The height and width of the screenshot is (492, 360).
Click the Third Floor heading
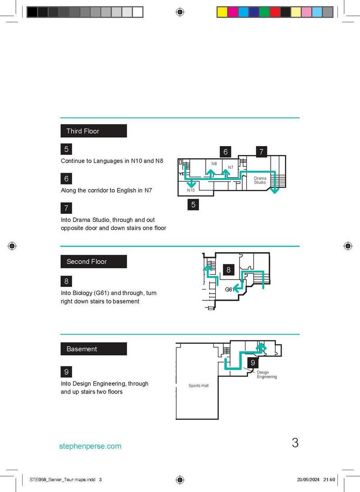tap(83, 131)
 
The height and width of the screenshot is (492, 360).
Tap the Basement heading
tap(82, 349)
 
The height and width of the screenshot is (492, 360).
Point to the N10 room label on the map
tap(191, 191)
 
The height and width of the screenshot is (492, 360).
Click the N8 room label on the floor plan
tap(214, 163)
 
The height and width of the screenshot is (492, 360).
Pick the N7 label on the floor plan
tap(230, 167)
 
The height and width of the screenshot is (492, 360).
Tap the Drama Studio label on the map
tap(260, 180)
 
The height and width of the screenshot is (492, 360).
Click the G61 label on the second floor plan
tap(230, 290)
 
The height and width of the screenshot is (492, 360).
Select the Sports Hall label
tap(198, 386)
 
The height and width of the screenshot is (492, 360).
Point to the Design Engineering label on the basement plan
tap(267, 375)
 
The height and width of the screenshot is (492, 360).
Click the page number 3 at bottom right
tap(295, 443)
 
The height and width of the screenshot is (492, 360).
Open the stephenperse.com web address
tap(90, 446)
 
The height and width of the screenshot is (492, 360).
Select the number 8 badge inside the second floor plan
tap(229, 270)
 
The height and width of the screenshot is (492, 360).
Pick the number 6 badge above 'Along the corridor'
tap(66, 179)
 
